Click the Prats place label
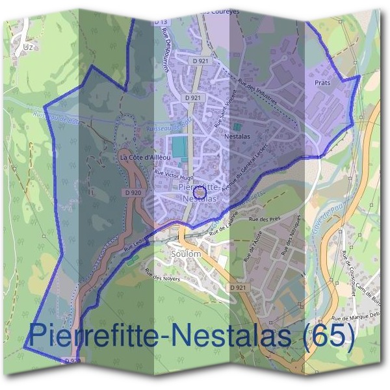(322, 84)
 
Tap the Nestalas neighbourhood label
(237, 137)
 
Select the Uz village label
(27, 47)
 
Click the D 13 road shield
(161, 22)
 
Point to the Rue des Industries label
(258, 93)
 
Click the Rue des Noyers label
(162, 276)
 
